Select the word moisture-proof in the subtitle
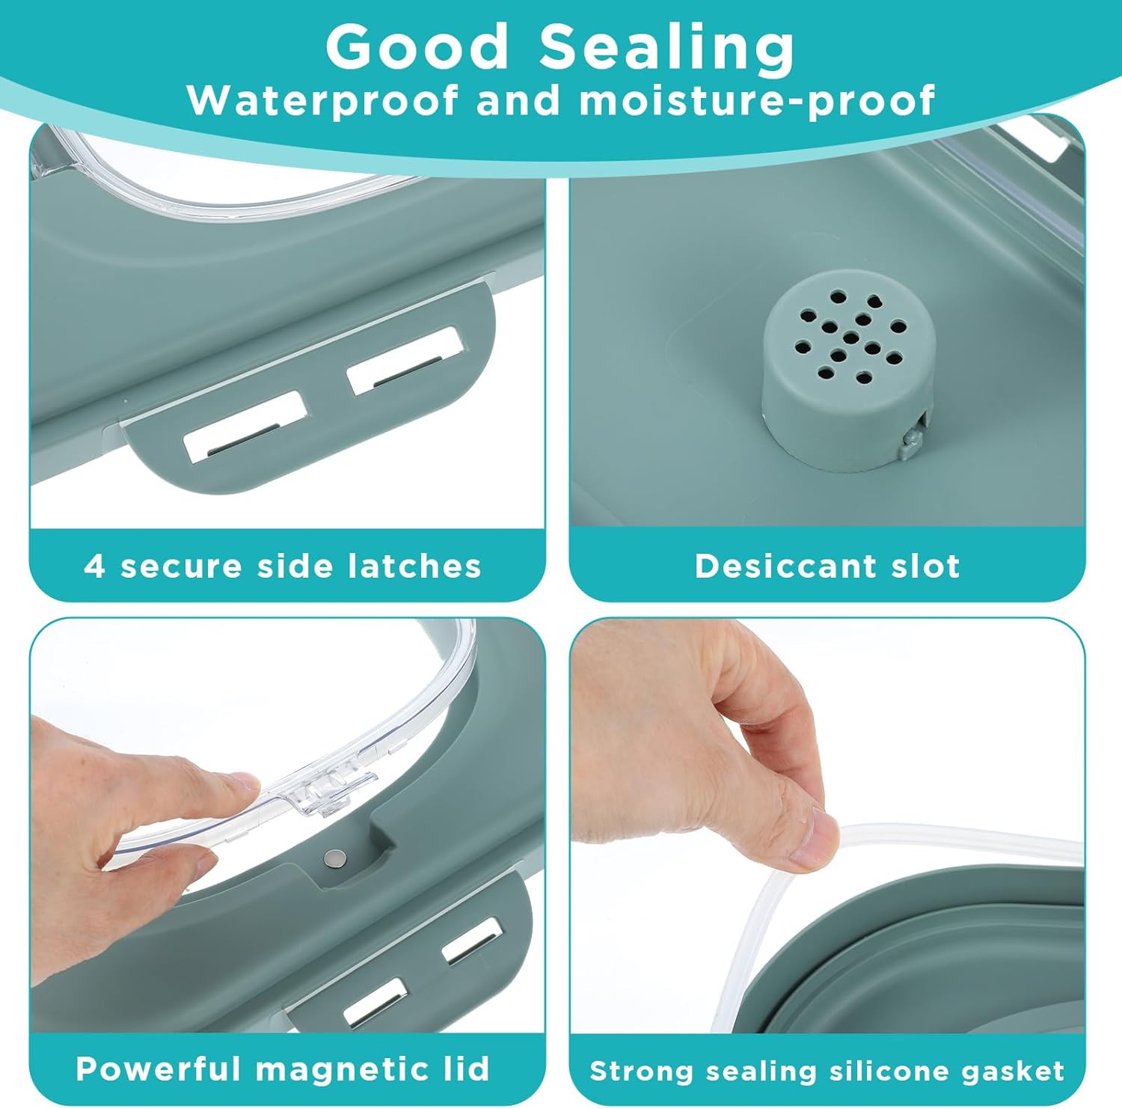[x=757, y=101]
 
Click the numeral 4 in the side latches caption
[x=95, y=566]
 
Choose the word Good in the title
[x=417, y=46]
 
